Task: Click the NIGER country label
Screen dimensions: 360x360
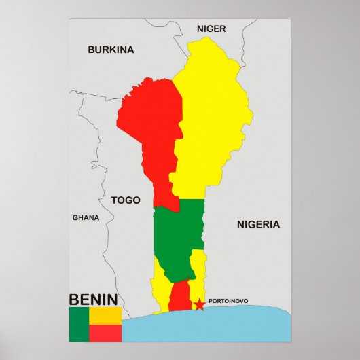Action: click(211, 29)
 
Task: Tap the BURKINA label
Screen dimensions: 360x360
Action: click(111, 50)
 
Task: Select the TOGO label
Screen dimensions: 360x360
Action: click(126, 200)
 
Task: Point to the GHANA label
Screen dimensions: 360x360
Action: click(86, 218)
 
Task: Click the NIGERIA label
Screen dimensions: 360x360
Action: click(258, 224)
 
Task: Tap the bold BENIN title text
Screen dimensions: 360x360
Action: click(93, 299)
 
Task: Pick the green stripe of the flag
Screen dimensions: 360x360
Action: click(79, 324)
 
